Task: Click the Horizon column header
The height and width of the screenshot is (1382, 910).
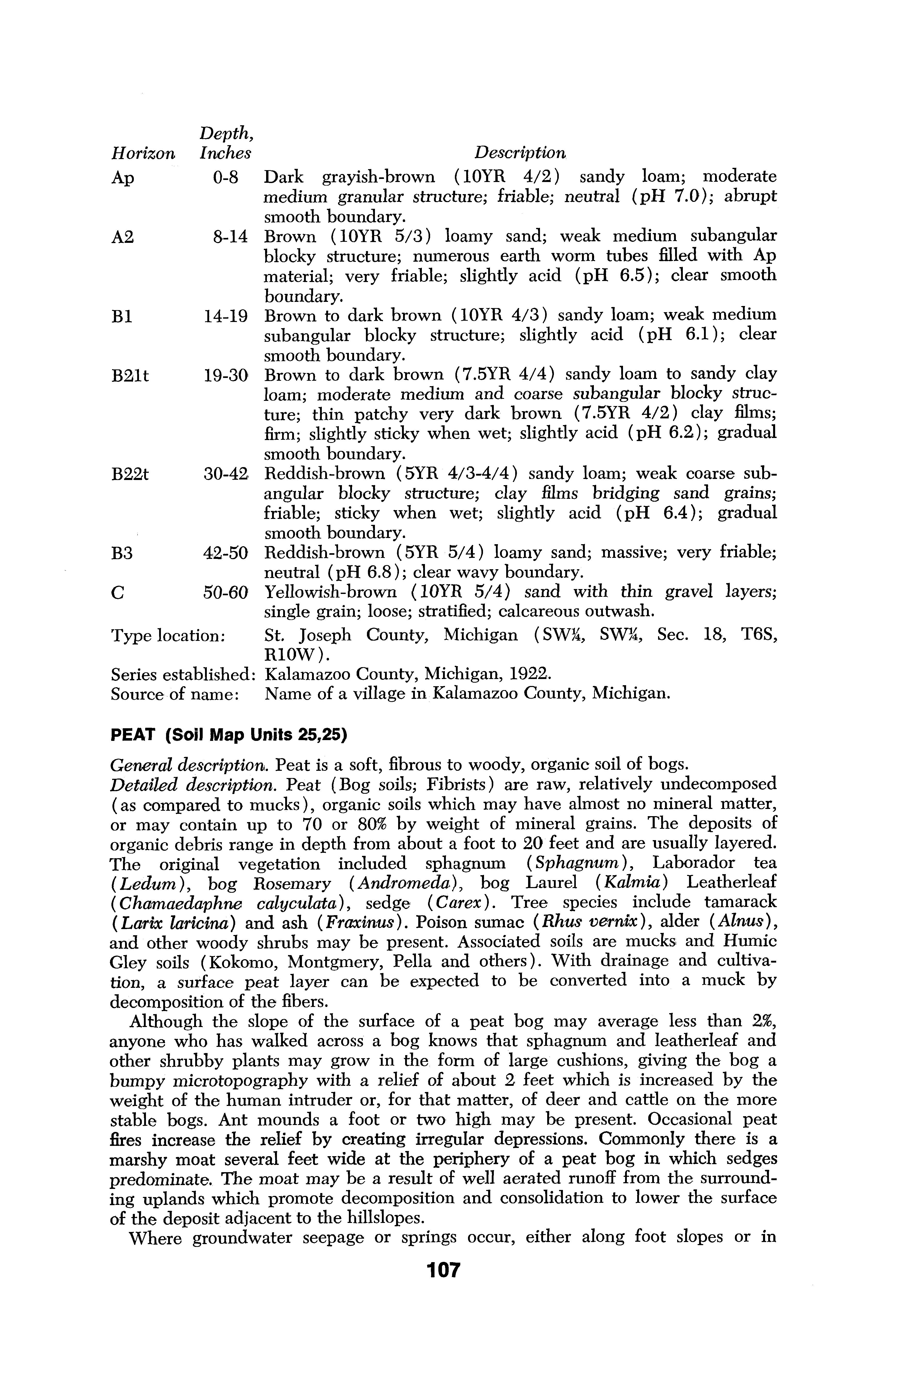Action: click(x=142, y=153)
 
